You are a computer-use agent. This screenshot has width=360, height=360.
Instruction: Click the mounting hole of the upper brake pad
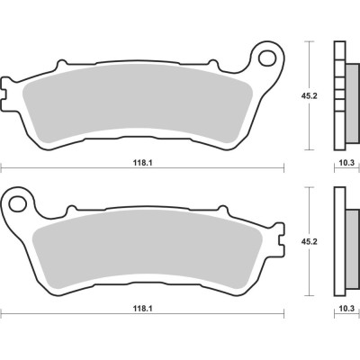pos(267,59)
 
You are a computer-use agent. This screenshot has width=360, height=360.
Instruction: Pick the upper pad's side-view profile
pos(339,94)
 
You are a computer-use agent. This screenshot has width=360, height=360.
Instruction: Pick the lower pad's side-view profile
pos(339,240)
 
